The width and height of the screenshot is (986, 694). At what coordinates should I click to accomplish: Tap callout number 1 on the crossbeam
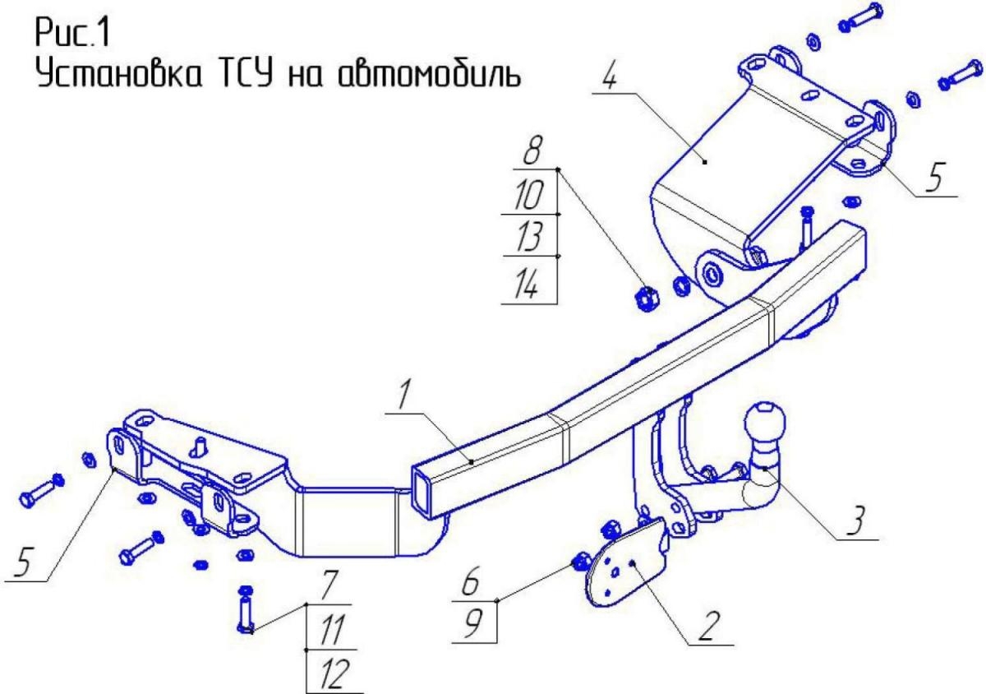pyautogui.click(x=403, y=395)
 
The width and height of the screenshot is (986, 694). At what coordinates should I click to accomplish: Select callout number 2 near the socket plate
pyautogui.click(x=710, y=626)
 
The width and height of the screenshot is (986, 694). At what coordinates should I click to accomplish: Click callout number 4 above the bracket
pyautogui.click(x=609, y=76)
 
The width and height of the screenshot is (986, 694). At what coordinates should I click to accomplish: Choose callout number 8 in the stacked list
pyautogui.click(x=532, y=150)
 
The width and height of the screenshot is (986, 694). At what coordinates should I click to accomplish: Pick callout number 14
pyautogui.click(x=526, y=285)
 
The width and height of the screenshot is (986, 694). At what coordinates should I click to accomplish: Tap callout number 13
pyautogui.click(x=528, y=236)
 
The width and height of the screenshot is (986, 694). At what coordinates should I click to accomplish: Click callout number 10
pyautogui.click(x=528, y=195)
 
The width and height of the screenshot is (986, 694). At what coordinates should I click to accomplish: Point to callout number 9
pyautogui.click(x=472, y=623)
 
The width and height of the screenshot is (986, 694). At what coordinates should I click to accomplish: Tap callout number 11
pyautogui.click(x=332, y=629)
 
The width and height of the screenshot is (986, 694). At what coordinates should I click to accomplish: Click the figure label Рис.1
pyautogui.click(x=71, y=32)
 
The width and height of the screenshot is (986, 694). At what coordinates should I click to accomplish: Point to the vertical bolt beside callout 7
pyautogui.click(x=246, y=609)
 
